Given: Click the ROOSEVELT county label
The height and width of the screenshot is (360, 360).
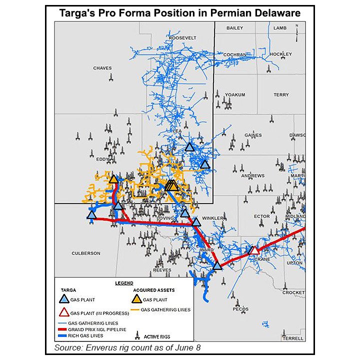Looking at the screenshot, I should (x=183, y=38).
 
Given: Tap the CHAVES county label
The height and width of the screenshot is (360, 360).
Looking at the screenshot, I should (x=102, y=68).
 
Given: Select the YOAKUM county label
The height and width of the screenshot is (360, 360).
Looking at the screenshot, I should (x=235, y=94).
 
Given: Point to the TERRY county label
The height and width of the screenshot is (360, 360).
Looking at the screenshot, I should (x=281, y=94).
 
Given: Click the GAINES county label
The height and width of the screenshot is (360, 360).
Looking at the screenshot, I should (x=253, y=135).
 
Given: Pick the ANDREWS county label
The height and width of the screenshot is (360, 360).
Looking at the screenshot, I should (x=252, y=176).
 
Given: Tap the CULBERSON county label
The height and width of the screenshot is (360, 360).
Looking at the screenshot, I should (x=86, y=253).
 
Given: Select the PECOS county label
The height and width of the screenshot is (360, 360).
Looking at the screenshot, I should (x=240, y=309).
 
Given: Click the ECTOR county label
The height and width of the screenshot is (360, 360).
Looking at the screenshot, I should (x=261, y=216).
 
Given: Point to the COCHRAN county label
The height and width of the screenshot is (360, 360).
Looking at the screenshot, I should (x=235, y=54).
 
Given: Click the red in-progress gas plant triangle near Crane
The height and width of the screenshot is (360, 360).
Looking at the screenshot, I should (x=254, y=250).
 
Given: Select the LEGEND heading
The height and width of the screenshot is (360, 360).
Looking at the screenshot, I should (x=124, y=283).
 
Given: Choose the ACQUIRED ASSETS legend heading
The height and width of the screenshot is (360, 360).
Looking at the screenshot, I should (x=154, y=289).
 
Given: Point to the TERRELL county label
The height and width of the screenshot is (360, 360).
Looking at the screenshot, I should (x=292, y=338).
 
